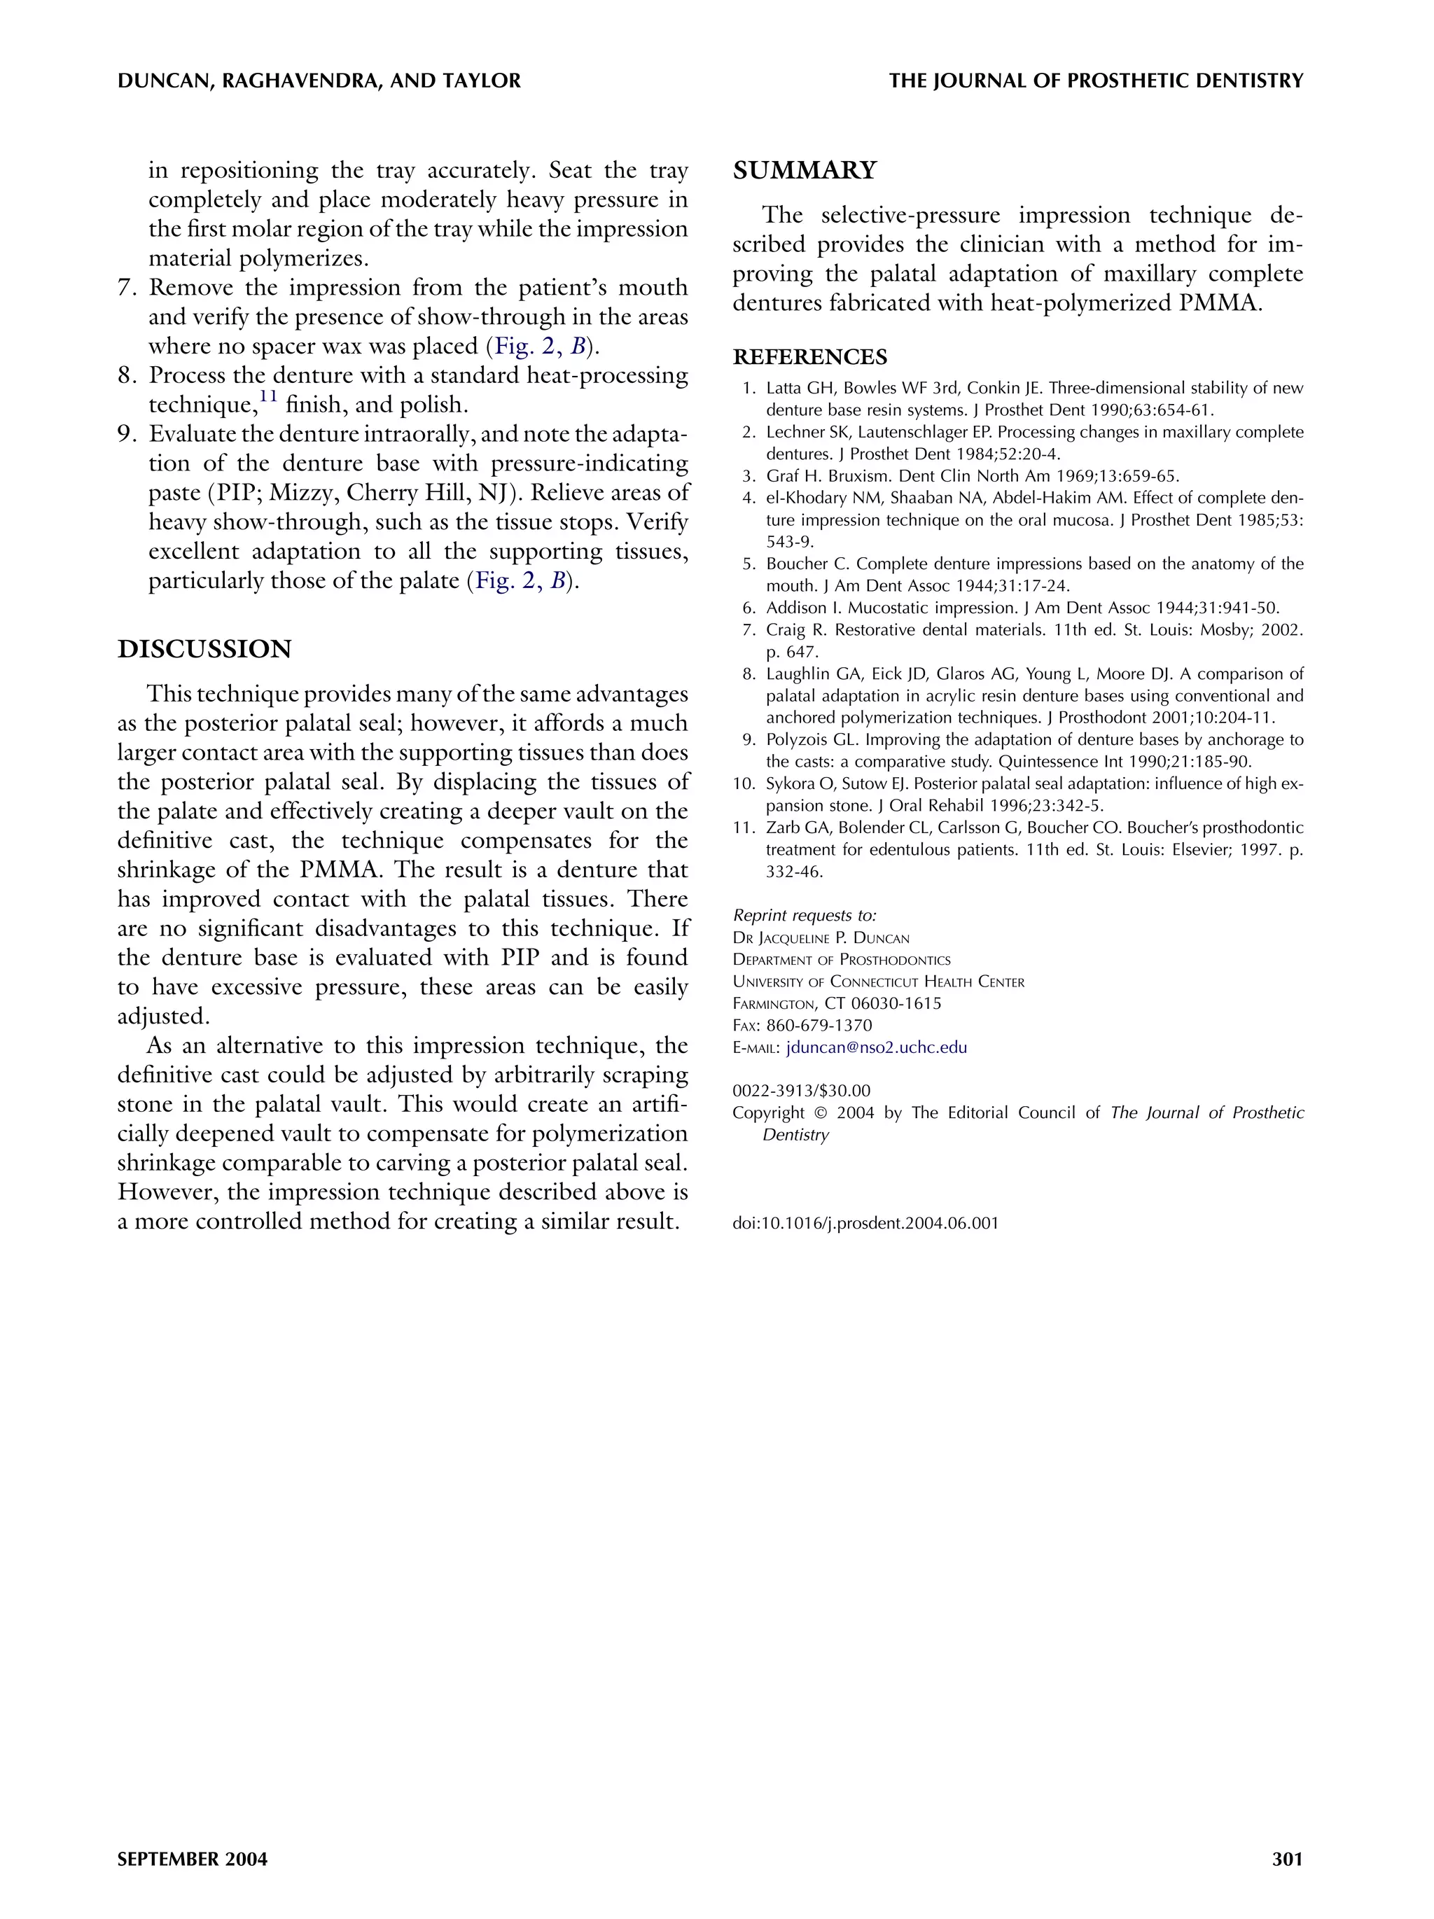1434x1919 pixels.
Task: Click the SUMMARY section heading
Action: [805, 170]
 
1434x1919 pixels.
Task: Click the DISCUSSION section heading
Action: [204, 649]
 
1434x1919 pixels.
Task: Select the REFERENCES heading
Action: [809, 358]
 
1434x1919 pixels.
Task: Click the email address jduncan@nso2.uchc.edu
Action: [876, 1047]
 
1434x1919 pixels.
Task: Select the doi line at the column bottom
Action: [865, 1223]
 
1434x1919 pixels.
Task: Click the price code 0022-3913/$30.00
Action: [801, 1091]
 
